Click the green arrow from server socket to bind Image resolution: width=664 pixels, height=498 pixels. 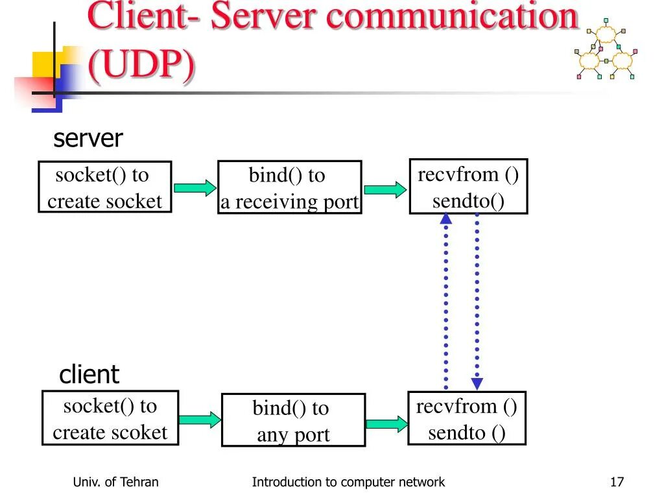pos(195,188)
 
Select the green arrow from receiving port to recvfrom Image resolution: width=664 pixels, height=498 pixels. pos(385,189)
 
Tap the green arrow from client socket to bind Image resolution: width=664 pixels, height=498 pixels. pos(200,420)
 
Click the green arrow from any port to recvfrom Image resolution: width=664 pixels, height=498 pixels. pos(386,424)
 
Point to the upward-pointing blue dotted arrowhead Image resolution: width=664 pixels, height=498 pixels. pos(446,219)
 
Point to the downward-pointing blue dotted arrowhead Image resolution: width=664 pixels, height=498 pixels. pos(477,384)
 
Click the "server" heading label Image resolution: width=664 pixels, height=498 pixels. pos(88,139)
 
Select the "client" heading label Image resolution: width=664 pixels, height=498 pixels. pos(89,374)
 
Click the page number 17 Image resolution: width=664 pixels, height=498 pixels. pos(617,482)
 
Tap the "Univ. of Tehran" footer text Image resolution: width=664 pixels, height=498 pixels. pos(115,482)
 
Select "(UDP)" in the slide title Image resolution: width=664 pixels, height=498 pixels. pos(141,65)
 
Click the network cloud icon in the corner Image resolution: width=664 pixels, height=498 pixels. pos(606,49)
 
